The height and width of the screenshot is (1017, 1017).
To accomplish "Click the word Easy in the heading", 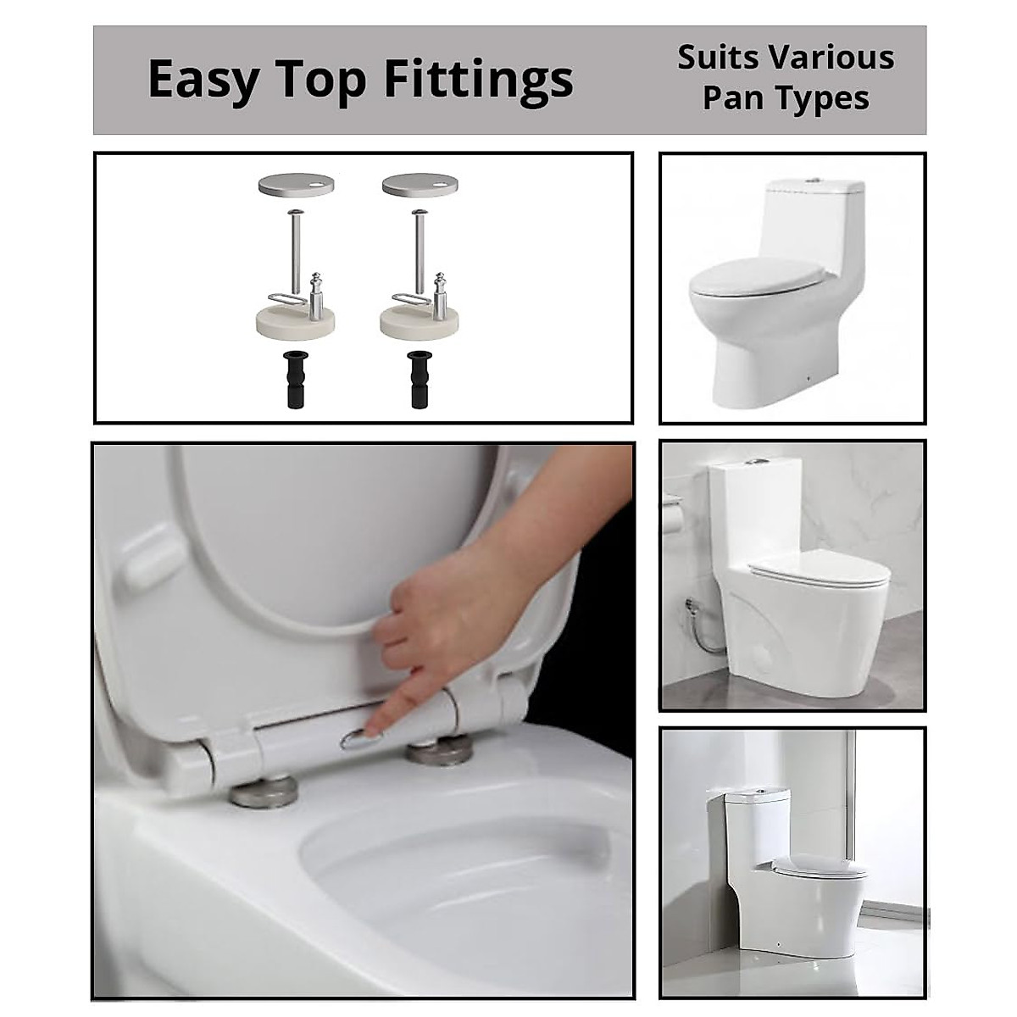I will tap(201, 80).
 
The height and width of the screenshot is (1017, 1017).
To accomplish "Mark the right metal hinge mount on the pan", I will tap(439, 752).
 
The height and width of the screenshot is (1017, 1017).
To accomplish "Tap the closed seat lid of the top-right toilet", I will tap(754, 275).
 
